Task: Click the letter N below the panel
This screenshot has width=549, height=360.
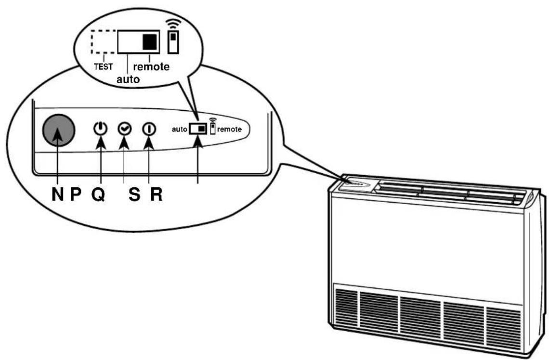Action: pyautogui.click(x=58, y=194)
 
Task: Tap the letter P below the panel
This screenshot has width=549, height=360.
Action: pyautogui.click(x=76, y=194)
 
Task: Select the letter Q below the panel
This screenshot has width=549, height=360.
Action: pyautogui.click(x=98, y=194)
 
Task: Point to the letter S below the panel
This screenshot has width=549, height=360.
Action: pyautogui.click(x=134, y=194)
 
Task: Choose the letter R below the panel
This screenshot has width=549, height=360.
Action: pyautogui.click(x=157, y=194)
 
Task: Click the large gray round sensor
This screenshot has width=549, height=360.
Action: pyautogui.click(x=58, y=130)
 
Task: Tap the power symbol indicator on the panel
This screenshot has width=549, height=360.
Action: pyautogui.click(x=101, y=129)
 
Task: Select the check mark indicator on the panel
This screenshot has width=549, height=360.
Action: pyautogui.click(x=124, y=129)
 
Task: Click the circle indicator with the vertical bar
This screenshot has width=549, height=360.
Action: pyautogui.click(x=149, y=129)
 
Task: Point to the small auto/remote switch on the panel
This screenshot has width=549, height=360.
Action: pyautogui.click(x=198, y=129)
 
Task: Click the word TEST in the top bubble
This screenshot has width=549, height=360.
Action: pyautogui.click(x=103, y=66)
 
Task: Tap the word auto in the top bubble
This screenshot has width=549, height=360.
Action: pyautogui.click(x=128, y=79)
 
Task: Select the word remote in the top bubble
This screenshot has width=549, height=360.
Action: pyautogui.click(x=151, y=66)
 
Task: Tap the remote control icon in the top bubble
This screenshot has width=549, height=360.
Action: pyautogui.click(x=173, y=42)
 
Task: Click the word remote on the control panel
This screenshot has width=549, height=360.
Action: pyautogui.click(x=229, y=129)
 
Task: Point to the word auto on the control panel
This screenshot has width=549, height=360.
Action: pyautogui.click(x=179, y=129)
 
